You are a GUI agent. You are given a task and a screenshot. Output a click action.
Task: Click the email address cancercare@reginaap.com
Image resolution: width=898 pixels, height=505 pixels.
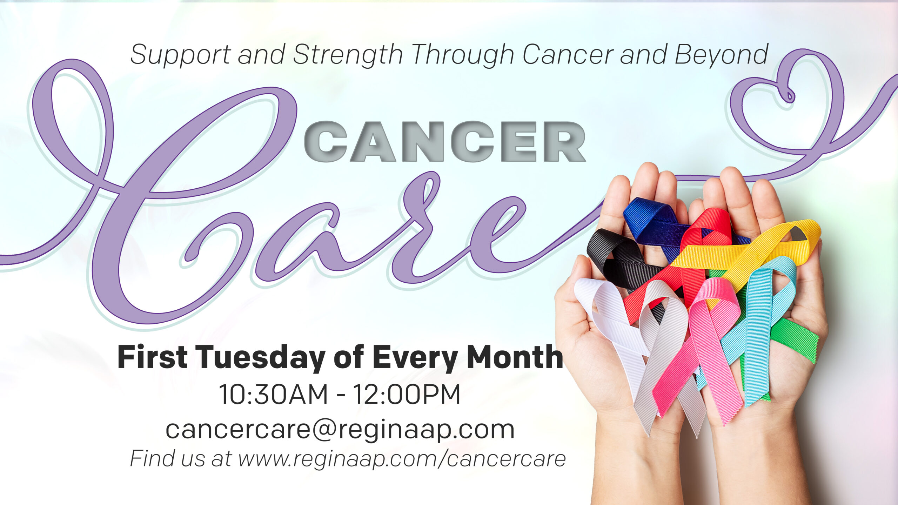click(x=340, y=429)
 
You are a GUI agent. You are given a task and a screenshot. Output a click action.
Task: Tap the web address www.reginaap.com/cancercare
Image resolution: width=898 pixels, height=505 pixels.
click(x=402, y=458)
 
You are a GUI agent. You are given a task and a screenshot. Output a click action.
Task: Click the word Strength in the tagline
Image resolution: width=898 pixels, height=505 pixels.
click(x=348, y=55)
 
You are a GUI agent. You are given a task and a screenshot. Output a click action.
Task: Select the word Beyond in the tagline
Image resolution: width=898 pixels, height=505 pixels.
click(x=721, y=55)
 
